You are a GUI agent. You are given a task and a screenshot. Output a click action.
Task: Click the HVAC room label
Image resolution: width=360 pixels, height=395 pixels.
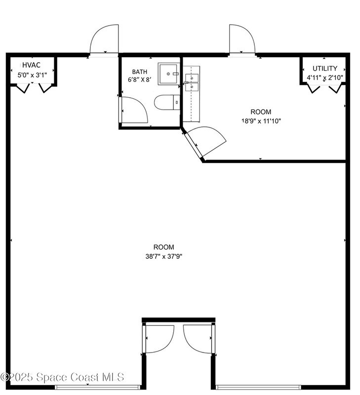(x=31, y=65)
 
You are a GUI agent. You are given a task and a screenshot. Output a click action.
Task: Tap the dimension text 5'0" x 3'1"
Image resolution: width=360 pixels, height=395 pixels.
(x=32, y=75)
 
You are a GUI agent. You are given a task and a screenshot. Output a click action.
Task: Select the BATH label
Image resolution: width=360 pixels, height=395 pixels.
(x=140, y=72)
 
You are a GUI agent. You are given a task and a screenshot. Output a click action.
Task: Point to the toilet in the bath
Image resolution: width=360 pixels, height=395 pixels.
(x=167, y=102)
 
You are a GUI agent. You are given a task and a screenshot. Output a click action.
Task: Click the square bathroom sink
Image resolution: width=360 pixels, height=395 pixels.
(x=169, y=74)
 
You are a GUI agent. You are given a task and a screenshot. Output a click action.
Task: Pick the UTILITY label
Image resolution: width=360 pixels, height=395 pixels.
(x=325, y=68)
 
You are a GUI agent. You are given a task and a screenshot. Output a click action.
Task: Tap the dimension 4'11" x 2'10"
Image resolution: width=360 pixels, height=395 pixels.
(x=325, y=78)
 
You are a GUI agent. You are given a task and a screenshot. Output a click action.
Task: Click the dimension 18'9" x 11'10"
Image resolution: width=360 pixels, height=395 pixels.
(x=261, y=121)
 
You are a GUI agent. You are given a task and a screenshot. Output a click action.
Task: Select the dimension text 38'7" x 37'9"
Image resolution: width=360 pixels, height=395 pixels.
(x=164, y=256)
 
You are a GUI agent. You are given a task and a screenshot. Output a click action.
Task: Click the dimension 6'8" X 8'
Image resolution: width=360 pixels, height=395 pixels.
(x=140, y=79)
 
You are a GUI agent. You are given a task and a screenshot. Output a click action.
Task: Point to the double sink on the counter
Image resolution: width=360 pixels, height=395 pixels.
(x=192, y=82)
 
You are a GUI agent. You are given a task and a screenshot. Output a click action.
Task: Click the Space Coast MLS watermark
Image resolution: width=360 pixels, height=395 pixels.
(x=62, y=377)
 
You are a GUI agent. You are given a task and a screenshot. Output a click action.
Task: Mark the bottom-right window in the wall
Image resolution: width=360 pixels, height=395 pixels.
(x=258, y=387)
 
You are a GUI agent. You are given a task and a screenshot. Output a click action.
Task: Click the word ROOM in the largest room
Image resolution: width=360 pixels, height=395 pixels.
(x=164, y=247)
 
